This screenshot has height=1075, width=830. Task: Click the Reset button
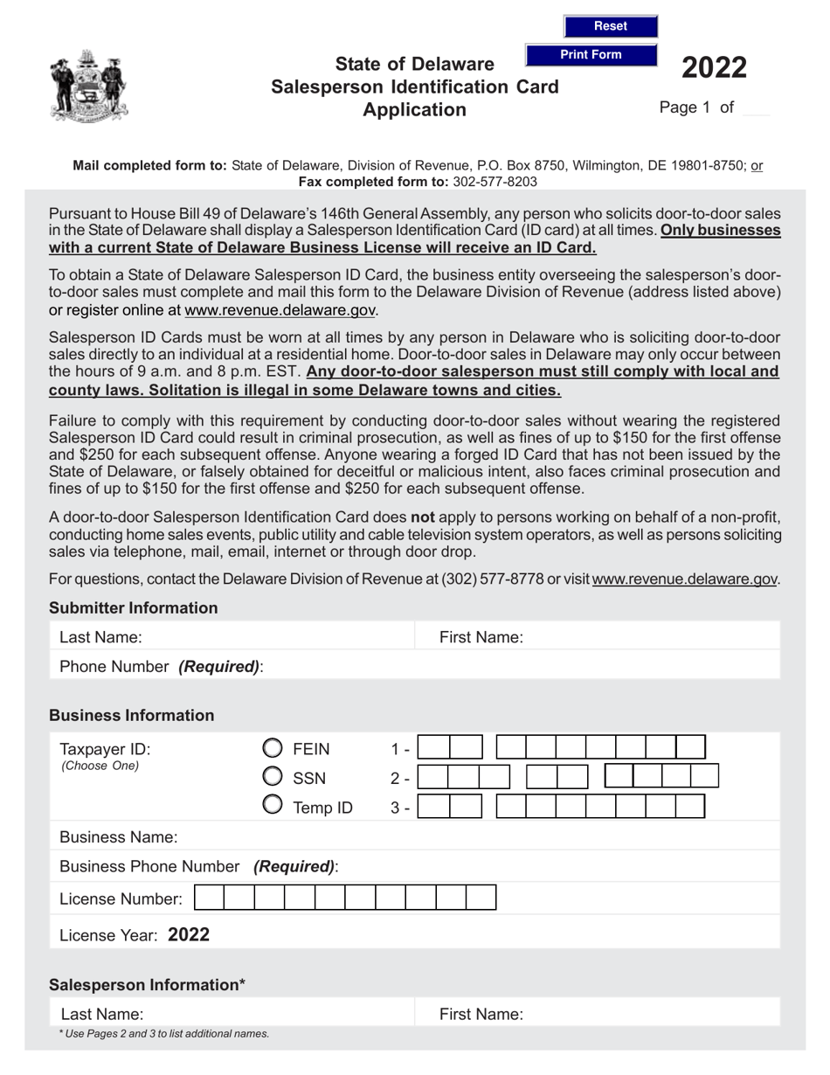point(610,26)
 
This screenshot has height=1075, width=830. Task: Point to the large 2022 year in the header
point(714,67)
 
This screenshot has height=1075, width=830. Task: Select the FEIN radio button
point(273,748)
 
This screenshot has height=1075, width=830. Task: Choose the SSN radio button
point(273,777)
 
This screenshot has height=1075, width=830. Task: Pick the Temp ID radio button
point(273,806)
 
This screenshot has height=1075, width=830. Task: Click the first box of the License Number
point(208,898)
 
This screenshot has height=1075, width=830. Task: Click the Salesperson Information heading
point(147,984)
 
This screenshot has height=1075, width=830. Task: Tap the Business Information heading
point(131,715)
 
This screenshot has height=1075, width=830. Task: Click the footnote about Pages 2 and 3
point(164,1034)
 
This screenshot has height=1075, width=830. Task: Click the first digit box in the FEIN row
point(436,748)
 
